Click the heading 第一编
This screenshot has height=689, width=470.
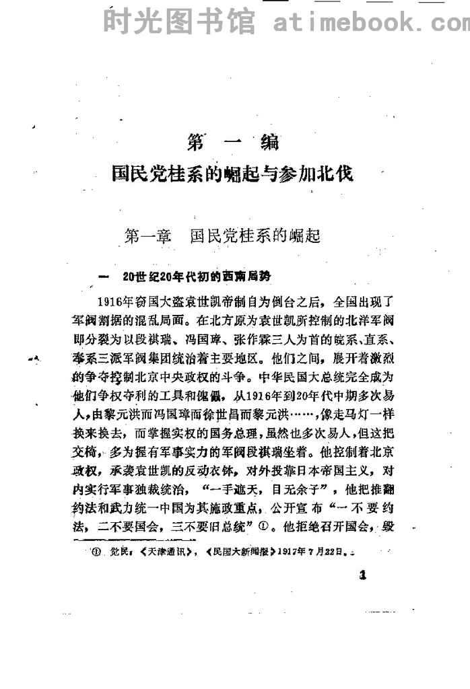point(233,143)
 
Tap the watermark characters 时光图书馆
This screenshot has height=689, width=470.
point(180,23)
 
